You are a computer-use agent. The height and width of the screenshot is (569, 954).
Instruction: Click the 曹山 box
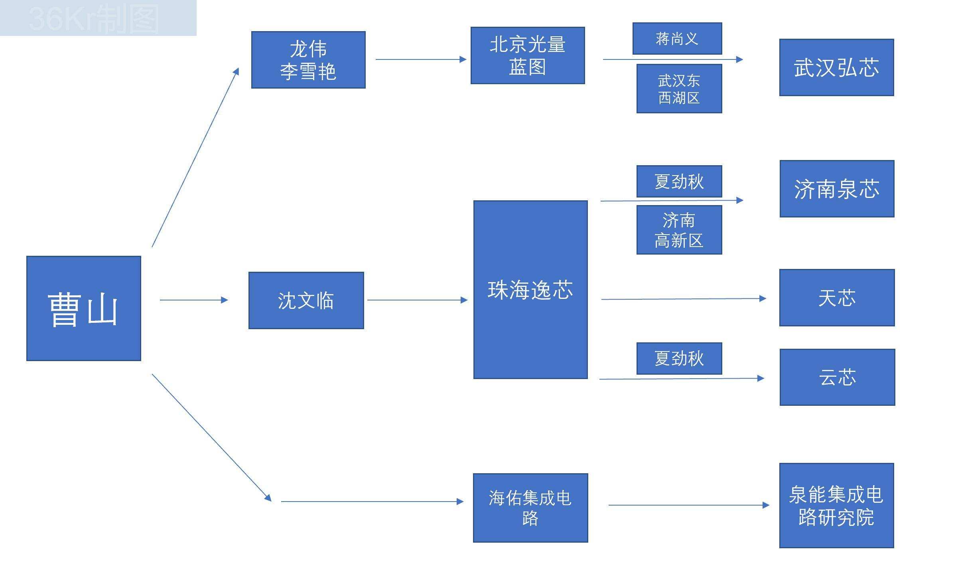point(84,308)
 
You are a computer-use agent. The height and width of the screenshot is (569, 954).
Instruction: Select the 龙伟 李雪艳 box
point(308,60)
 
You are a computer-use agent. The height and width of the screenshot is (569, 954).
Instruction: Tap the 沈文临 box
point(306,300)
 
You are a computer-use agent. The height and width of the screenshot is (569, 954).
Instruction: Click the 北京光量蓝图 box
point(528,55)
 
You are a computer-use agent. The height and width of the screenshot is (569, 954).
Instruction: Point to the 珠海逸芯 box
point(530,290)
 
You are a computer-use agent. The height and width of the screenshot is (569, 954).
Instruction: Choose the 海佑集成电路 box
point(530,508)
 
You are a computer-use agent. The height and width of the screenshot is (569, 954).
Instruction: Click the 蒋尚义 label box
point(677,39)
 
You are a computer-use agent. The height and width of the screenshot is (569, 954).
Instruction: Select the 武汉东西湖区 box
point(679,89)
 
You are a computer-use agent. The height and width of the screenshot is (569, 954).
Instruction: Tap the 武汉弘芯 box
point(836,67)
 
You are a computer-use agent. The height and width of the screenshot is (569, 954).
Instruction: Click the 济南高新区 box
point(679,230)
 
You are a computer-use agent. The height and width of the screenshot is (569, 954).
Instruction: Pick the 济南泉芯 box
point(837,189)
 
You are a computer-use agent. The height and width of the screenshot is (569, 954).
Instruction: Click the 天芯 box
point(837,298)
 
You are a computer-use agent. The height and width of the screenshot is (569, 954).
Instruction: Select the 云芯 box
point(837,377)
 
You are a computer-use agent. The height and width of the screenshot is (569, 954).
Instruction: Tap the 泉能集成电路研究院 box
point(836,506)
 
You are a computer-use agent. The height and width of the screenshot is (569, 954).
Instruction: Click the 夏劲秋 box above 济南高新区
point(679,182)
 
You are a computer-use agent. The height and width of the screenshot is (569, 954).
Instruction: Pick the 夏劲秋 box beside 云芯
point(679,358)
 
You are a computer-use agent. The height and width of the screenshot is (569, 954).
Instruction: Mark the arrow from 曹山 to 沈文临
point(193,300)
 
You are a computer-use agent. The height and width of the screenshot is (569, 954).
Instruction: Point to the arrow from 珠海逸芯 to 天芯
point(683,299)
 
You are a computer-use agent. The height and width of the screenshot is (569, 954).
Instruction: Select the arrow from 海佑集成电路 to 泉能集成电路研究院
point(688,505)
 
